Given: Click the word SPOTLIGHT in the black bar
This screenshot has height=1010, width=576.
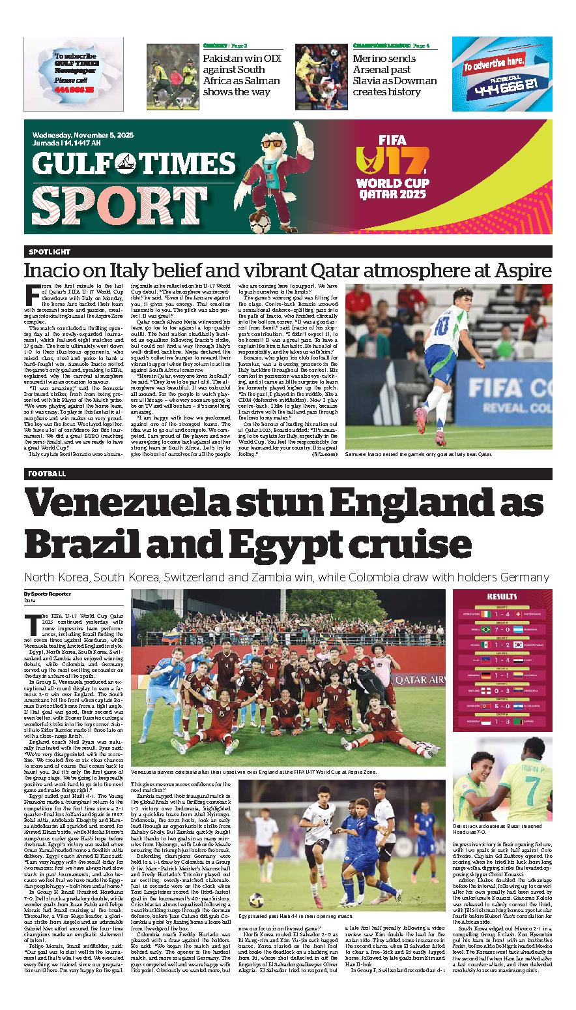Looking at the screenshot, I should click(50, 252).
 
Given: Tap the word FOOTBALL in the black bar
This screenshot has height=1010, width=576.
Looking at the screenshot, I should click(48, 474).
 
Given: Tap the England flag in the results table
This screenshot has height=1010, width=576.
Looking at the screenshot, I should click(485, 689).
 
